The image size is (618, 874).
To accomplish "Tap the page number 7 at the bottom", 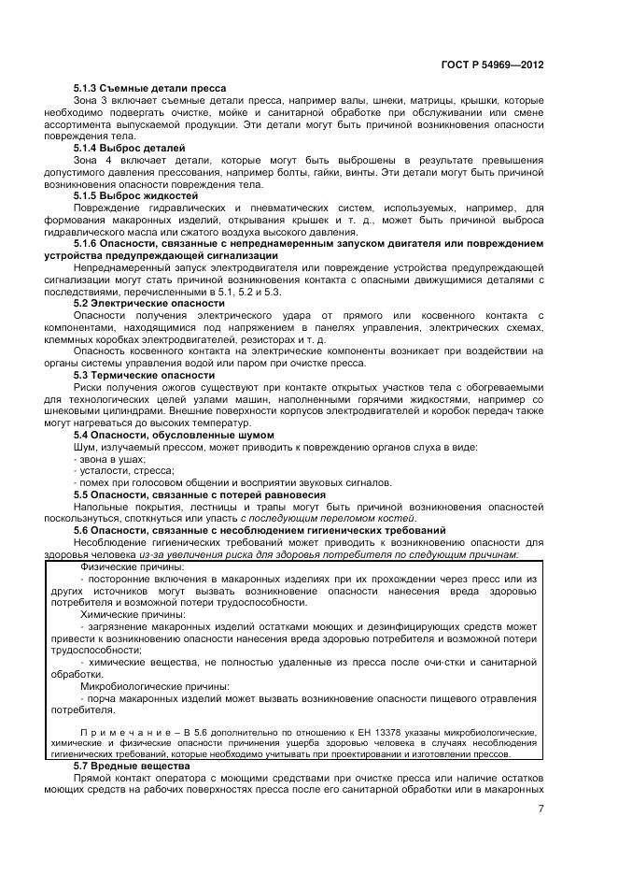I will click(x=541, y=810).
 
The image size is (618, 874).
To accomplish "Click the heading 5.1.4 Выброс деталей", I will click(x=129, y=149).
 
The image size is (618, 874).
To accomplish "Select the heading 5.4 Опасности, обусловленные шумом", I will click(x=174, y=435).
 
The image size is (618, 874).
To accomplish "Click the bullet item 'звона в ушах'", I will click(x=109, y=460).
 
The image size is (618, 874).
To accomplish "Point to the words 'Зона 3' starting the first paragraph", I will click(x=90, y=99).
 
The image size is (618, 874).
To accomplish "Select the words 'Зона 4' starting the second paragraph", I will click(x=90, y=161).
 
